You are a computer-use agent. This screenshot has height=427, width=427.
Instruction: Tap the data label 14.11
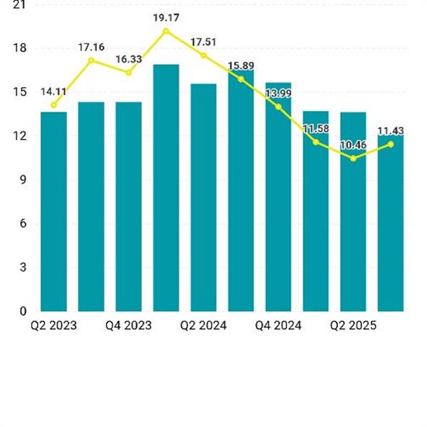click(x=53, y=91)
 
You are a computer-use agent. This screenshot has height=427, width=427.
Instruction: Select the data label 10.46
click(x=353, y=145)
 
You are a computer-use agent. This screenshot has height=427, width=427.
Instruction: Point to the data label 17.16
click(x=91, y=47)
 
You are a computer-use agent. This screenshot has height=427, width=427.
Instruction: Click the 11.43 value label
click(x=391, y=131)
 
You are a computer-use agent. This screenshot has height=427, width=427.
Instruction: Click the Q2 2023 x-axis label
click(x=53, y=325)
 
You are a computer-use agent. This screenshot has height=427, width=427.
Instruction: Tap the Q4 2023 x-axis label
click(x=128, y=325)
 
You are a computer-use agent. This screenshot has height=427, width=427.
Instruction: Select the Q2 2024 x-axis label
click(x=204, y=325)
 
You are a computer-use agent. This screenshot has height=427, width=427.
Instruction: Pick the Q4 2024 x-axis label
click(x=278, y=325)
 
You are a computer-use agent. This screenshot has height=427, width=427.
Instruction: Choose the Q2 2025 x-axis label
click(x=353, y=325)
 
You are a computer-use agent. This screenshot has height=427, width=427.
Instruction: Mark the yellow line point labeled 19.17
click(x=166, y=31)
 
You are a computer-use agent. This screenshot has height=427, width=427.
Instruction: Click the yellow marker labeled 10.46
click(x=353, y=158)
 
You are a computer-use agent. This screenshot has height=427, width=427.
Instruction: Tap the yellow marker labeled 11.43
click(x=391, y=144)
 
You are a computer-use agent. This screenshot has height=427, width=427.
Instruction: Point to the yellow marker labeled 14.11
click(x=53, y=105)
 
